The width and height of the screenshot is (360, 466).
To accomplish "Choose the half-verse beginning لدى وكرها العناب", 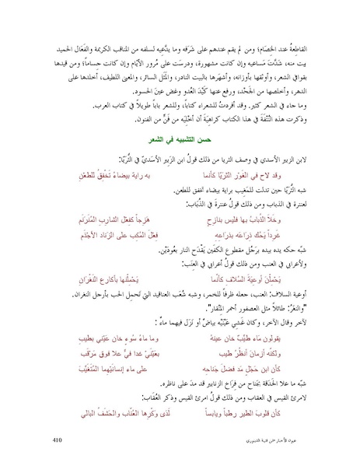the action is point(127,391).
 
